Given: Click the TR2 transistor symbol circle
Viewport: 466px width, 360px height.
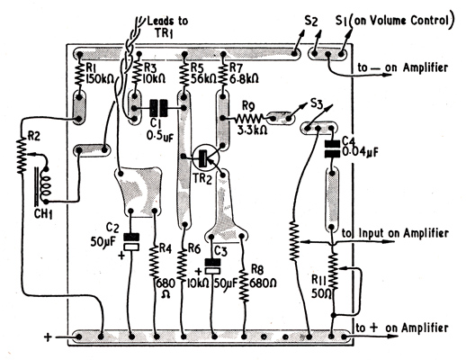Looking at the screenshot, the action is (x=206, y=157).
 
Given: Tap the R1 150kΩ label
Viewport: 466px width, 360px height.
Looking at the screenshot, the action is (x=99, y=73).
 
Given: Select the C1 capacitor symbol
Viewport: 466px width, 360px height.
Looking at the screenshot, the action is (x=159, y=108).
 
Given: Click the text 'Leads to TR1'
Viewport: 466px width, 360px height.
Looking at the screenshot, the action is (x=168, y=27).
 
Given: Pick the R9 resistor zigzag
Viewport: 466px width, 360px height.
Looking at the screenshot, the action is (x=249, y=119).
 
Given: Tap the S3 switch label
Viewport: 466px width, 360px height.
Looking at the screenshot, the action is (x=317, y=104).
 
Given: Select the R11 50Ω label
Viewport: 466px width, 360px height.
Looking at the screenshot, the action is (x=321, y=286).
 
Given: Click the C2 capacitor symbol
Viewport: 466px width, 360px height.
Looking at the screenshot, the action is (x=131, y=242).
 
